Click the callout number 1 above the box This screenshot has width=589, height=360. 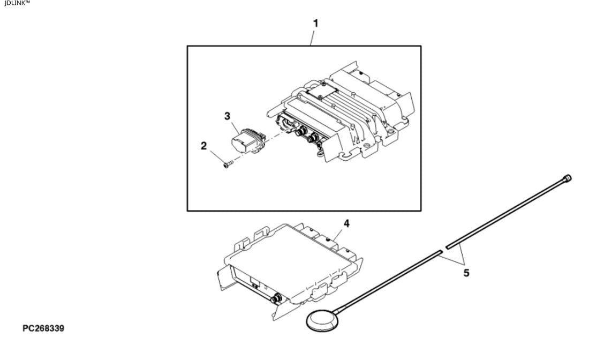click(315, 23)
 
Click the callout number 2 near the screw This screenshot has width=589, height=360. click(203, 146)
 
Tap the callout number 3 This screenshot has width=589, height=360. click(227, 116)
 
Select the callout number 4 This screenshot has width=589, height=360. click(346, 223)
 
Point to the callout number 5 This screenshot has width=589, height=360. click(466, 273)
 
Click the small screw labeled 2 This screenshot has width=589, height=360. click(228, 164)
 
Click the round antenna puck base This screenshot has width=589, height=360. click(323, 320)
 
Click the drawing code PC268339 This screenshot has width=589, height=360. click(43, 328)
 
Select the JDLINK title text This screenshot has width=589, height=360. click(17, 3)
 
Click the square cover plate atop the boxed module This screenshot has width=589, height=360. click(322, 89)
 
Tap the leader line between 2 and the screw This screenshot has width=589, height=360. click(217, 157)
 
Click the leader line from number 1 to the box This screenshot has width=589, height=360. click(313, 37)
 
